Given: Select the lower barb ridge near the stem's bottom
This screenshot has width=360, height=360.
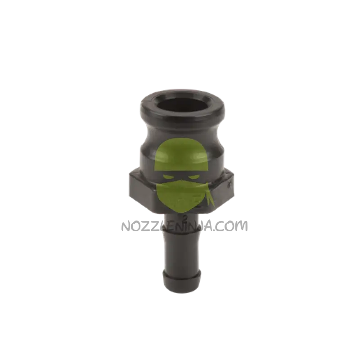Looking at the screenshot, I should coord(180,275).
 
